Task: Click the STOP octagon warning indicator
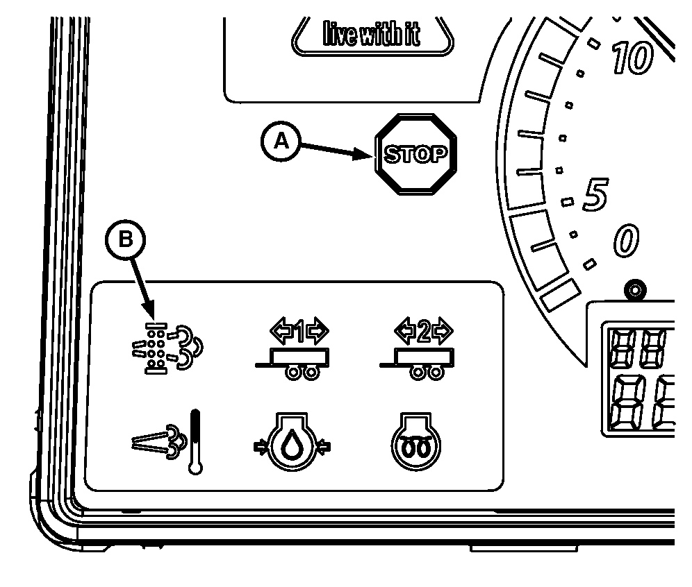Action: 416,154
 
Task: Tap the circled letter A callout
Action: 280,141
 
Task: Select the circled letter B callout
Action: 125,240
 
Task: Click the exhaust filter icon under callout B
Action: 165,347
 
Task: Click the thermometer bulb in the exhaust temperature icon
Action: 196,466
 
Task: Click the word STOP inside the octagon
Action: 416,154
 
